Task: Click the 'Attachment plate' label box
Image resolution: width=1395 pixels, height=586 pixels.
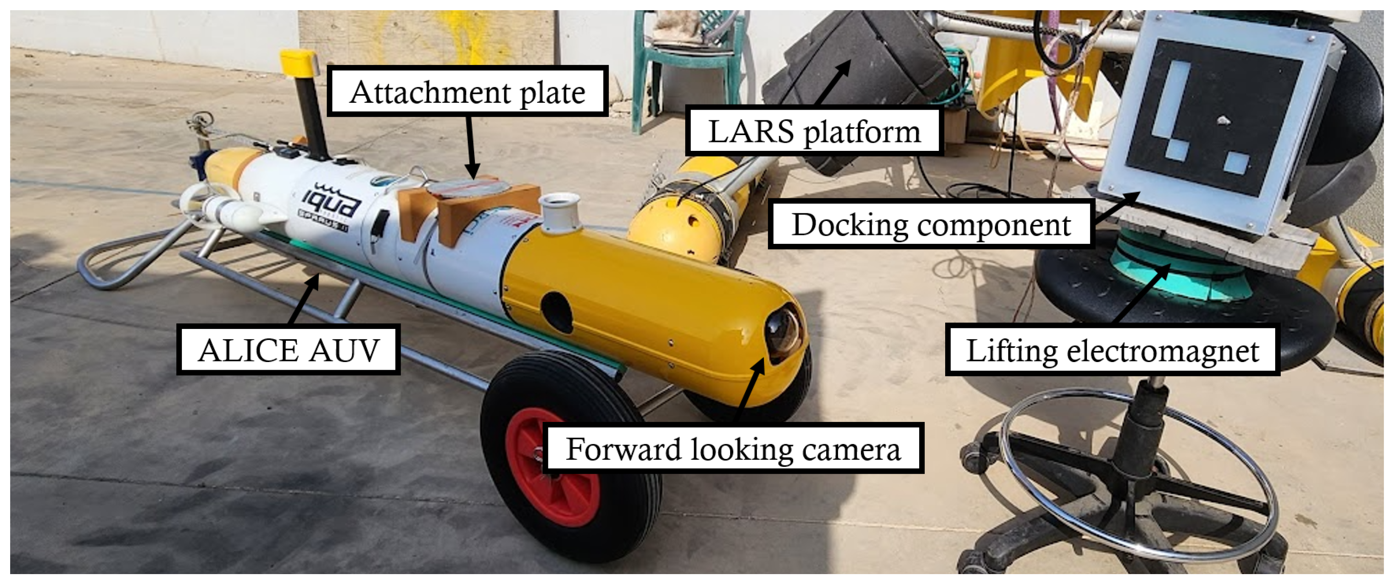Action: click(x=468, y=91)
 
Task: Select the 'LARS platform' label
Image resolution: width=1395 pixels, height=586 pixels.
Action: click(x=814, y=132)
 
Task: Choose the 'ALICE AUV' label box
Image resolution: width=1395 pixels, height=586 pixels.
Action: click(x=288, y=350)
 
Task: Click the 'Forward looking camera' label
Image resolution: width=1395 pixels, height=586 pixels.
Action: click(x=733, y=449)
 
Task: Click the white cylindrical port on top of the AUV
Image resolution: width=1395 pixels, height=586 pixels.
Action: click(x=559, y=212)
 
